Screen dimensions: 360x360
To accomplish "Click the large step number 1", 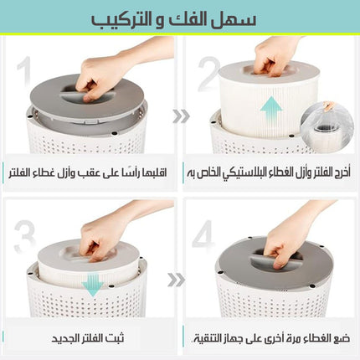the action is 24,70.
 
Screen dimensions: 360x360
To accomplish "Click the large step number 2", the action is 208,74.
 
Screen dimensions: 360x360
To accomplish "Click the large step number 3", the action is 25,237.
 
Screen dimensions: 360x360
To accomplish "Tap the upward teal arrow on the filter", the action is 271,110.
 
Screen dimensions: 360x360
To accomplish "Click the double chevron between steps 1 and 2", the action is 181,116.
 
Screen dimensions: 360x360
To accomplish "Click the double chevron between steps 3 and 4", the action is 176,280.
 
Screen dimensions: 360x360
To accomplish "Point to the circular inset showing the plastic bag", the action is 327,128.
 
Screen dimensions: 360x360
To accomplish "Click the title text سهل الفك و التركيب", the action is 173,20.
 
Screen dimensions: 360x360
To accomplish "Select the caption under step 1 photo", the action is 87,173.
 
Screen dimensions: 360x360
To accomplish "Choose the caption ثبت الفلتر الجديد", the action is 88,338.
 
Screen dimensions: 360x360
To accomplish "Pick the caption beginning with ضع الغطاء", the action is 270,339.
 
